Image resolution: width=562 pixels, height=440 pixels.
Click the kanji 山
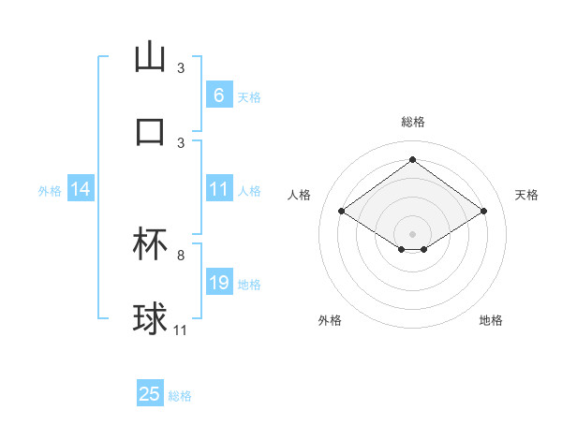tap(150, 58)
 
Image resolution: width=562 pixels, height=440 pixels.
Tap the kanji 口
tap(150, 132)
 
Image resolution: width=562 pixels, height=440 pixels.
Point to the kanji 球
tap(150, 319)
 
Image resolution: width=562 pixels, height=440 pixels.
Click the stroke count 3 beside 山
tap(181, 68)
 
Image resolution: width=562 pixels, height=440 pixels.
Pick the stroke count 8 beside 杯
tap(181, 255)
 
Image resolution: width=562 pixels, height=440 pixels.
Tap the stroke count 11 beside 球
tap(181, 330)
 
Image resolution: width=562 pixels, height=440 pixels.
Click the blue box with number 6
tap(218, 95)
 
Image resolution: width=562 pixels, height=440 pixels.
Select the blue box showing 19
tap(218, 283)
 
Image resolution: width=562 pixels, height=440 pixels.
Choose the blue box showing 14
tap(80, 190)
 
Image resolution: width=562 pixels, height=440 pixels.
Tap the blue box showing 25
tap(150, 394)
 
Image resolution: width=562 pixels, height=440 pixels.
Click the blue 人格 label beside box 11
tap(249, 190)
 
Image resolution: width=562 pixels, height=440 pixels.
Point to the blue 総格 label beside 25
tap(180, 396)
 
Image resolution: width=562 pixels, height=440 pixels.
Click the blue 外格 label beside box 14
tap(50, 191)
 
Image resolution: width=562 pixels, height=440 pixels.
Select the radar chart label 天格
tap(526, 195)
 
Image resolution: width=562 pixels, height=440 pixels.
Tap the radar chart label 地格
tap(491, 320)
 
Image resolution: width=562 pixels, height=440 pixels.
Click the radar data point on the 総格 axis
tap(412, 159)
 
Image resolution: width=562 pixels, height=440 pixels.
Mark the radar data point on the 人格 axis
tap(341, 212)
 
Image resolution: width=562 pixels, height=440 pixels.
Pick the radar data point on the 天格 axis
tap(483, 212)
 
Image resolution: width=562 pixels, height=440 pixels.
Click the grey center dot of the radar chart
tap(412, 233)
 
